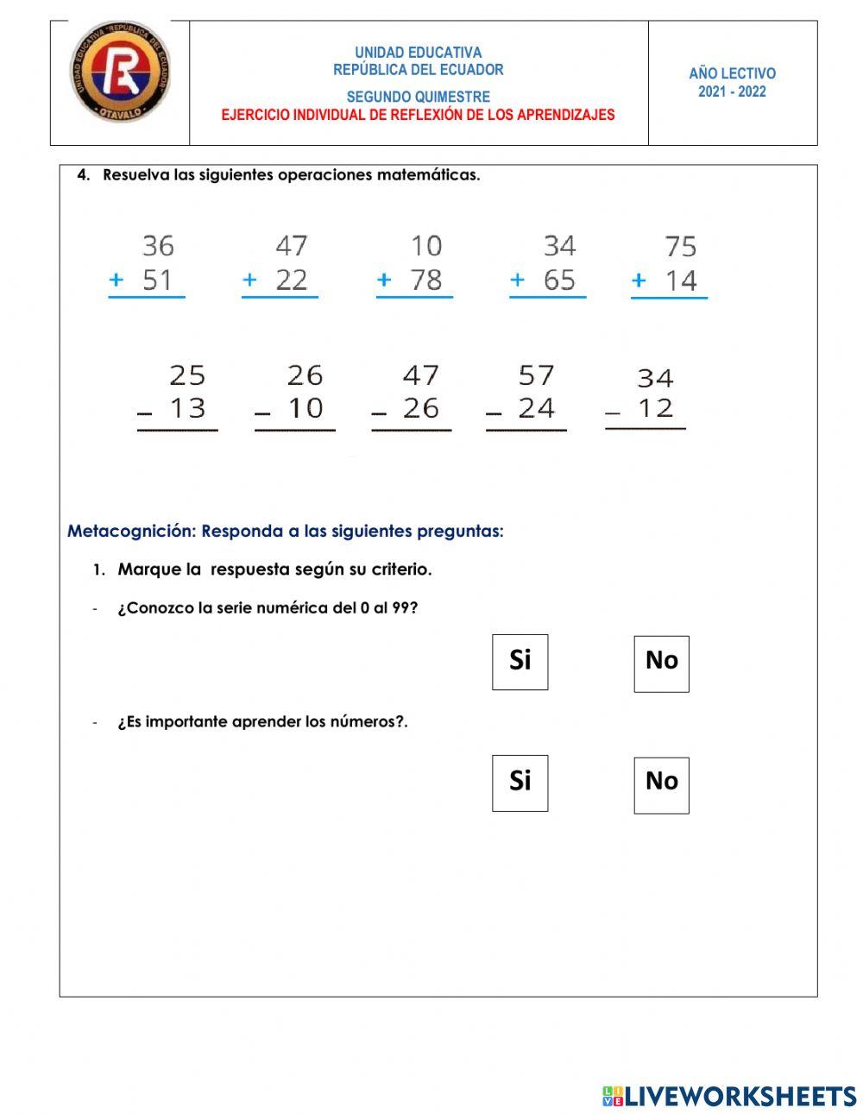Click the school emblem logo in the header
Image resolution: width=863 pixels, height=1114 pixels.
pyautogui.click(x=120, y=72)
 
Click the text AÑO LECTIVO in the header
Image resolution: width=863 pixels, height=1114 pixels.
pyautogui.click(x=732, y=73)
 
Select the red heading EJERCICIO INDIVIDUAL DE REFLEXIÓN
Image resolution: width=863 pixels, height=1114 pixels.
pyautogui.click(x=418, y=115)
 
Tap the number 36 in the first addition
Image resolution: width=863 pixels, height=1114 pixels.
pyautogui.click(x=158, y=246)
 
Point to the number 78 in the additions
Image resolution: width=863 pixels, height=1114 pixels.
pyautogui.click(x=426, y=280)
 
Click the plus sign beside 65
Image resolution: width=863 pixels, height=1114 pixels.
pyautogui.click(x=517, y=280)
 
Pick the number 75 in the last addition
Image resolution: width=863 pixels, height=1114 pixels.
pyautogui.click(x=680, y=248)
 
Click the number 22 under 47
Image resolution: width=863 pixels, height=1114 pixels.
pyautogui.click(x=292, y=280)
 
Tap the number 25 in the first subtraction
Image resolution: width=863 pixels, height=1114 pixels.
pyautogui.click(x=187, y=375)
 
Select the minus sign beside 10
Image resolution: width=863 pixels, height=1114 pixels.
pyautogui.click(x=262, y=413)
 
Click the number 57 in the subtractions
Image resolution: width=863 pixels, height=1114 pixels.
pyautogui.click(x=536, y=375)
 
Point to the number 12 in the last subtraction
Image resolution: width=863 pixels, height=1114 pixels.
pyautogui.click(x=655, y=407)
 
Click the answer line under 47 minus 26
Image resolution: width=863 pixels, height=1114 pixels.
pyautogui.click(x=412, y=430)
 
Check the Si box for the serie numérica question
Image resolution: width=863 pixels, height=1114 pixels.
pyautogui.click(x=520, y=662)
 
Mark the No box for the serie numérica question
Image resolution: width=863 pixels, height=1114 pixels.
pyautogui.click(x=661, y=664)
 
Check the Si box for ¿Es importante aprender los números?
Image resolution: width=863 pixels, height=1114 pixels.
pyautogui.click(x=520, y=783)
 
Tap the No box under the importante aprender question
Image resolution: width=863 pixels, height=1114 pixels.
pyautogui.click(x=661, y=784)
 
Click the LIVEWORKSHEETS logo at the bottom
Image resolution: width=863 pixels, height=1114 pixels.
pyautogui.click(x=729, y=1096)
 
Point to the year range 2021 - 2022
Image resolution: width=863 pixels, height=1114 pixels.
pyautogui.click(x=732, y=91)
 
